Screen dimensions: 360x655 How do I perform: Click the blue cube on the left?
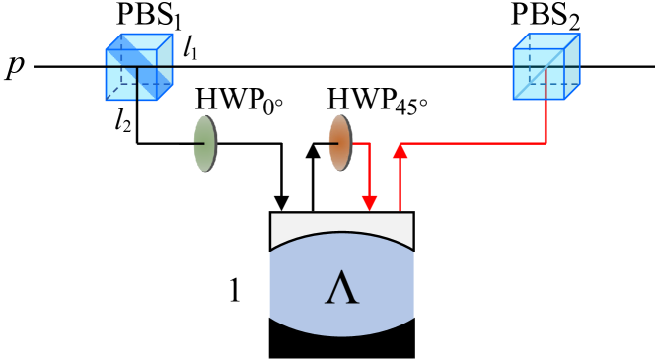pos(138,67)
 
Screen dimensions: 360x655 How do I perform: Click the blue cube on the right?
pos(546,66)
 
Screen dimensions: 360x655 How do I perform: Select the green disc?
pos(205,144)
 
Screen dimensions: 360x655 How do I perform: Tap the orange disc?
pos(340,143)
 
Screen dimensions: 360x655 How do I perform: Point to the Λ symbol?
pos(341,287)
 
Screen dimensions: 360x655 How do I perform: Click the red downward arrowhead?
pos(369,203)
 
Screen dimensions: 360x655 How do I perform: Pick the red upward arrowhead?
pos(400,150)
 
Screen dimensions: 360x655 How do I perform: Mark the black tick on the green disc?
pos(198,144)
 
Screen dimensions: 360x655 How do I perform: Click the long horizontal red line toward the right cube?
pos(473,144)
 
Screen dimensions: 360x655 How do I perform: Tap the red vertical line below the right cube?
pos(546,121)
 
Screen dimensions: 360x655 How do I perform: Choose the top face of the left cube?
pos(139,41)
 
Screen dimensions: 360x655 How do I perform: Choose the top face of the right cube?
pos(546,40)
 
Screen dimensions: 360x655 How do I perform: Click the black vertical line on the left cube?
pos(137,83)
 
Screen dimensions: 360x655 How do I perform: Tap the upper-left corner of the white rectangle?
pos(272,214)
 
